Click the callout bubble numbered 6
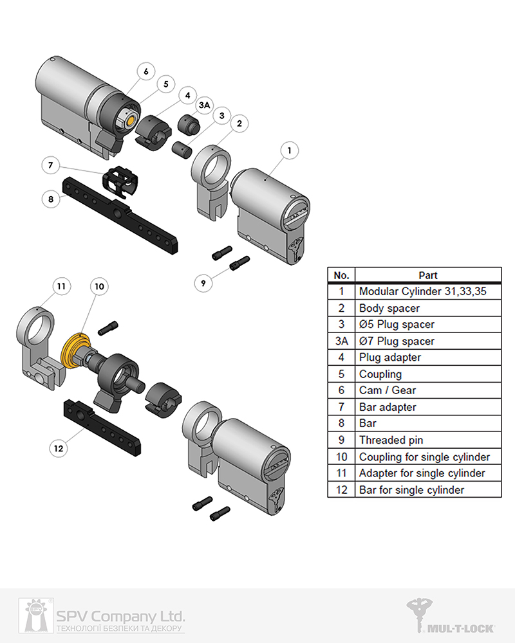[146, 71]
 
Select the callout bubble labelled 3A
[203, 104]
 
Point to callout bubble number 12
[59, 448]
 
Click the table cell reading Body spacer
[429, 308]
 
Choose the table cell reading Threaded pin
[429, 440]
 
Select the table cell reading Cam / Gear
[429, 390]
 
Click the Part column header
[429, 275]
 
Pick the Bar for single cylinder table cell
[429, 490]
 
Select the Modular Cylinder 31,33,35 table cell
[429, 291]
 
